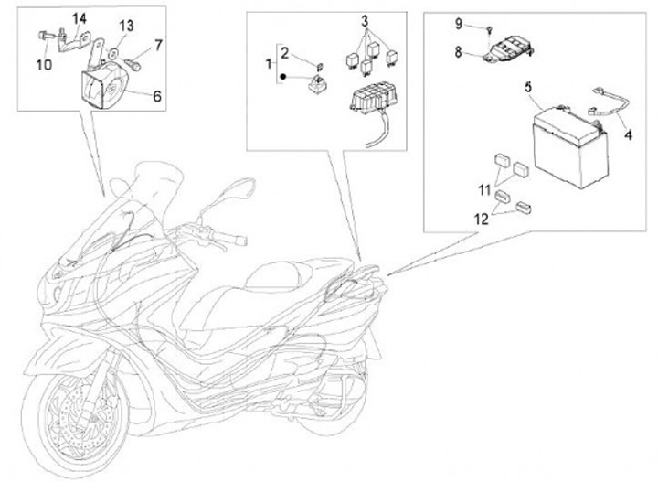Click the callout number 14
point(80,19)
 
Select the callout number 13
point(126,24)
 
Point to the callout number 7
point(158,44)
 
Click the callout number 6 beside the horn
point(156,93)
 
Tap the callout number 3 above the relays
point(364,19)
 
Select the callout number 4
point(627,139)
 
